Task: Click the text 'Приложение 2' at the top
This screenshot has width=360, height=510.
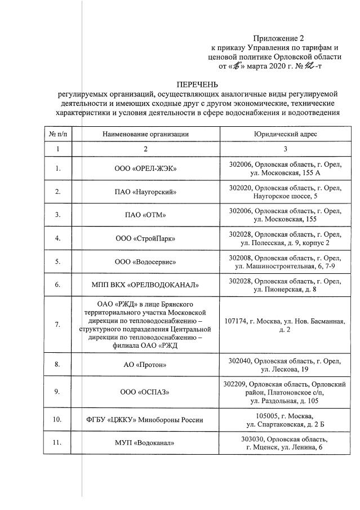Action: coord(278,38)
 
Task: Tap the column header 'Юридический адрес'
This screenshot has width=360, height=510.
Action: coord(285,134)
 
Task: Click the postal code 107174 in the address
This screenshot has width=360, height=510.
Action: coord(237,321)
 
